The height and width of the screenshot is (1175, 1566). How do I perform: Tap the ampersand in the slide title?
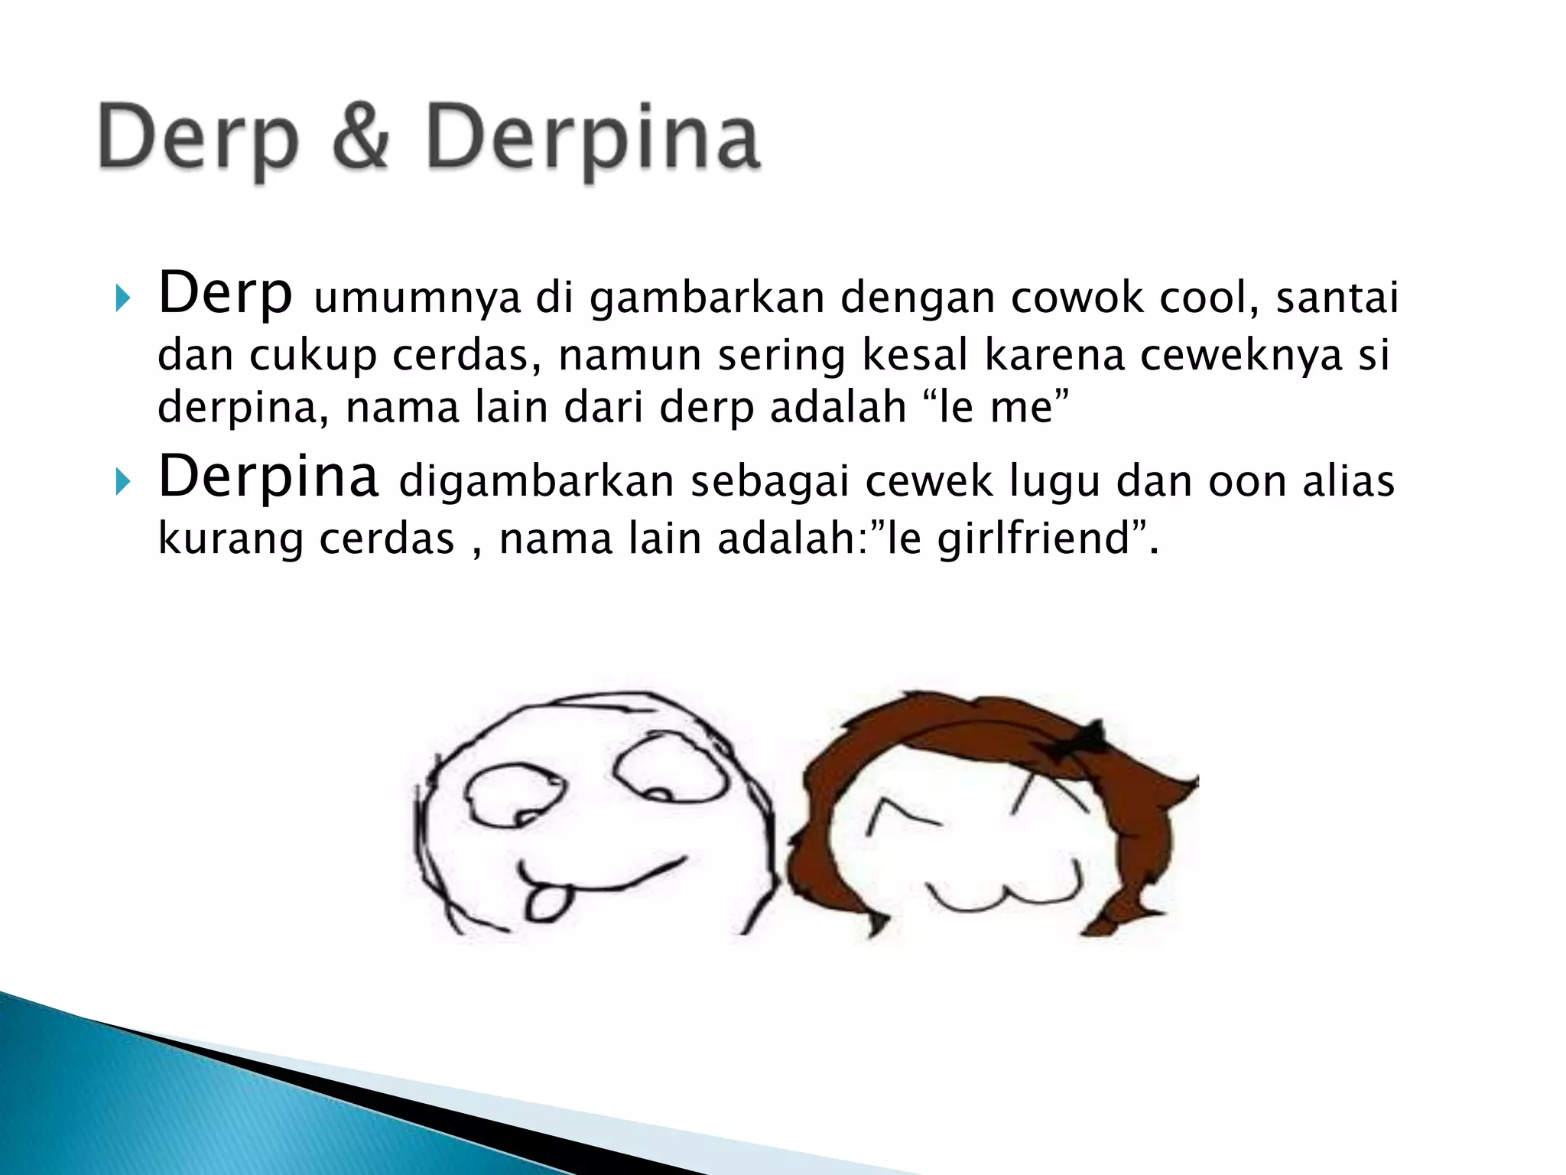tap(362, 138)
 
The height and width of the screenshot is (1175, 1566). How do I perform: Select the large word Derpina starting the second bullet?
tap(268, 477)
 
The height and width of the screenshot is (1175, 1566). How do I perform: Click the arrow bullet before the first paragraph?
tap(122, 298)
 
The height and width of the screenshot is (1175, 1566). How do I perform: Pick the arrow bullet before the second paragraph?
tap(122, 482)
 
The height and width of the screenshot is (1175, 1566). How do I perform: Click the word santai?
tap(1337, 298)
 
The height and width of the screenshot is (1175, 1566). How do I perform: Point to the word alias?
tap(1349, 481)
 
